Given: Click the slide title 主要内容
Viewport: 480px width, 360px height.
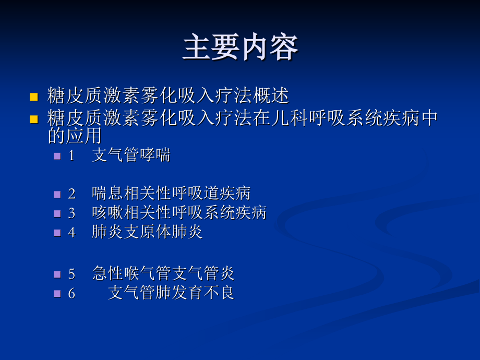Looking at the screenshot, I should tap(240, 48).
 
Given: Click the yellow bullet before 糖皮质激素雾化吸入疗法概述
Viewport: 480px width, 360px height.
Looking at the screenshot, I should tap(34, 97).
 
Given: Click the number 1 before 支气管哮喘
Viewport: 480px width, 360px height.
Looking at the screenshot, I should tap(71, 155).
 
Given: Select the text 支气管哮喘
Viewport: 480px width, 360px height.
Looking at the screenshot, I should tap(131, 155).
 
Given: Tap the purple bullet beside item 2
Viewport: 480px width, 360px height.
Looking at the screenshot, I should tap(57, 194).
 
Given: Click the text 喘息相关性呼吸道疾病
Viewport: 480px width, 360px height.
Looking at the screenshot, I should tap(171, 194).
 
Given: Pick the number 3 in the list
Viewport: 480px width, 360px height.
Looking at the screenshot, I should tap(71, 213).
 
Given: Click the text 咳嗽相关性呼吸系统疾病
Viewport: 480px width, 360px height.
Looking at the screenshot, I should tap(179, 212).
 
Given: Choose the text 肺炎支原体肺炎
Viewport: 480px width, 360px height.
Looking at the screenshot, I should tap(147, 232).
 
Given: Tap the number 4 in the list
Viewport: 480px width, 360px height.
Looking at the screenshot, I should tap(71, 232).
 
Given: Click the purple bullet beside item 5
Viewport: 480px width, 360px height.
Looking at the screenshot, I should tap(57, 274).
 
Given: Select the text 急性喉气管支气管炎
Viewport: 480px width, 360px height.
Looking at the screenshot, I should tap(163, 273).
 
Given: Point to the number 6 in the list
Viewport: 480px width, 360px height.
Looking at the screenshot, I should tap(71, 293).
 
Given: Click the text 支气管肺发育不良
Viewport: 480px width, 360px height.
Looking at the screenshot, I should tap(171, 292).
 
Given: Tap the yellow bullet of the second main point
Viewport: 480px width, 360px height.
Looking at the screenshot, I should tap(34, 119).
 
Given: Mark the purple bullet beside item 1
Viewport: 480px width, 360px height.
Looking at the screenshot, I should tap(57, 156).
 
